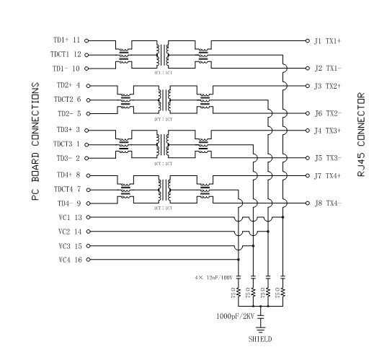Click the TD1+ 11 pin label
coord(66,40)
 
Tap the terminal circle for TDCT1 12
coord(86,55)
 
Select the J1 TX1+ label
coord(327,41)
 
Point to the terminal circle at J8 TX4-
coord(308,203)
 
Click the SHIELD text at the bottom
coord(260,339)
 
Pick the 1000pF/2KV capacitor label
coord(235,316)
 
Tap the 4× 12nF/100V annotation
coord(213,278)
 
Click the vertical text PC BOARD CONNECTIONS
coord(35,141)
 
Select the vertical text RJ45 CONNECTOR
coord(361,135)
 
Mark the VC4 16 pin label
coord(71,260)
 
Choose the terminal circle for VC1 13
coord(89,217)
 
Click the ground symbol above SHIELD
coord(261,330)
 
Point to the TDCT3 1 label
coord(66,144)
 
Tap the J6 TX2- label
coord(328,113)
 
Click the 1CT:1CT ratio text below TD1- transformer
coord(163,73)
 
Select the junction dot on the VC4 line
coord(239,260)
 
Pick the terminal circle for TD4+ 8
coord(89,176)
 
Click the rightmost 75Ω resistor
coord(283,292)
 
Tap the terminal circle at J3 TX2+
coord(308,86)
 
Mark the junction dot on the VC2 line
coord(268,232)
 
